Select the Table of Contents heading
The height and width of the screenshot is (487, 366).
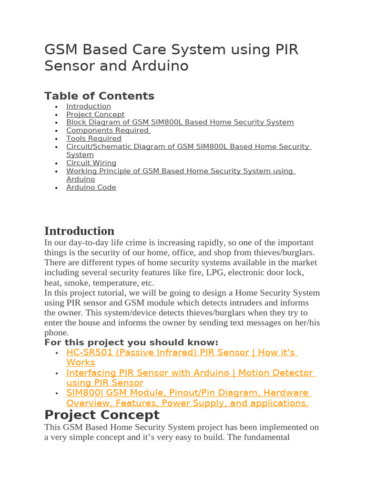[x=99, y=96]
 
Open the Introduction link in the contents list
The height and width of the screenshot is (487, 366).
[x=89, y=107]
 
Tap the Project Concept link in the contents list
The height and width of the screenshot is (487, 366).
[x=95, y=115]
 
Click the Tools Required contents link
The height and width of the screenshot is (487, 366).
[x=94, y=138]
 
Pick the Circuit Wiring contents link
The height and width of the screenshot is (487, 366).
[x=91, y=163]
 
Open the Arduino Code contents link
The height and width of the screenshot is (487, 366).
[x=91, y=187]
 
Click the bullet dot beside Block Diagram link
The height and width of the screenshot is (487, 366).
[x=56, y=123]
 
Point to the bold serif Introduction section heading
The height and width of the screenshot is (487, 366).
[x=79, y=231]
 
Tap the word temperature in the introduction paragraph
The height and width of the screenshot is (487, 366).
[x=109, y=282]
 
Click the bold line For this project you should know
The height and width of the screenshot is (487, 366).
[x=131, y=342]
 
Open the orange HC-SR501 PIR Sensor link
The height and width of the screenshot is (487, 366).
[x=181, y=352]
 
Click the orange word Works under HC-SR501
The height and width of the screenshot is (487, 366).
[x=81, y=362]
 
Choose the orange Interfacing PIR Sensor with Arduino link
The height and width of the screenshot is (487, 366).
[x=190, y=373]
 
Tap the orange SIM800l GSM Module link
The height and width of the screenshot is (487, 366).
[x=187, y=393]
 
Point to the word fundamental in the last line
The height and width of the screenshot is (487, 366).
[x=267, y=437]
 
